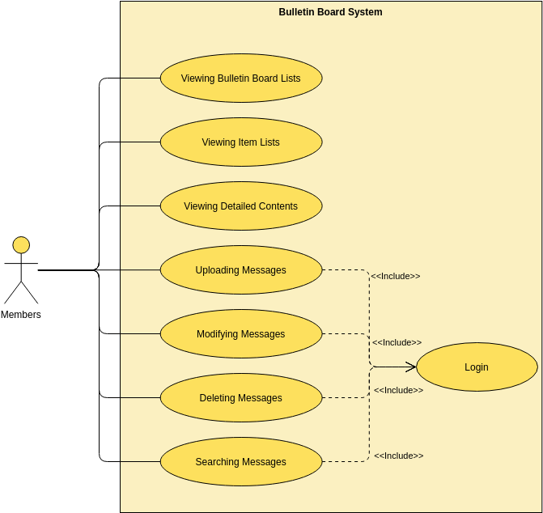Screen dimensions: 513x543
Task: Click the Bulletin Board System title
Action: coord(330,12)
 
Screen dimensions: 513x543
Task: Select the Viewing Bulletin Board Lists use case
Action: coord(241,78)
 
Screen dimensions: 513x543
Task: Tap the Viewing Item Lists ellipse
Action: coord(241,142)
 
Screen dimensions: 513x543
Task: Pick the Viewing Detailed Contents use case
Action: coord(241,206)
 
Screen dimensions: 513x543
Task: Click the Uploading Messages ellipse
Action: coord(241,270)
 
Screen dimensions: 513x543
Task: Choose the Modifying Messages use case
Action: coord(241,334)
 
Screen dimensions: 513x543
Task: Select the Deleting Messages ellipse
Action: coord(241,398)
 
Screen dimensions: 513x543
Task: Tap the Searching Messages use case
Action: coord(241,462)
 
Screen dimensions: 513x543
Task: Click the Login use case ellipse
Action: coord(477,367)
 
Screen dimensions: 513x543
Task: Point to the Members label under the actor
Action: coord(21,315)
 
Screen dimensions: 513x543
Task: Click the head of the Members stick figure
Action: coord(21,244)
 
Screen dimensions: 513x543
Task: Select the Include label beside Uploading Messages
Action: coord(396,276)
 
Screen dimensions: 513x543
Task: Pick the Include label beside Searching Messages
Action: coord(398,456)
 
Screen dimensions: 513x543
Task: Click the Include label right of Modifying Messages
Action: coord(397,342)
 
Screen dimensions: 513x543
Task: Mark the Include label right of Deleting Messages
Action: coord(398,390)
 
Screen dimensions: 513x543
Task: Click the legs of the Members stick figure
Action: coord(21,292)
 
